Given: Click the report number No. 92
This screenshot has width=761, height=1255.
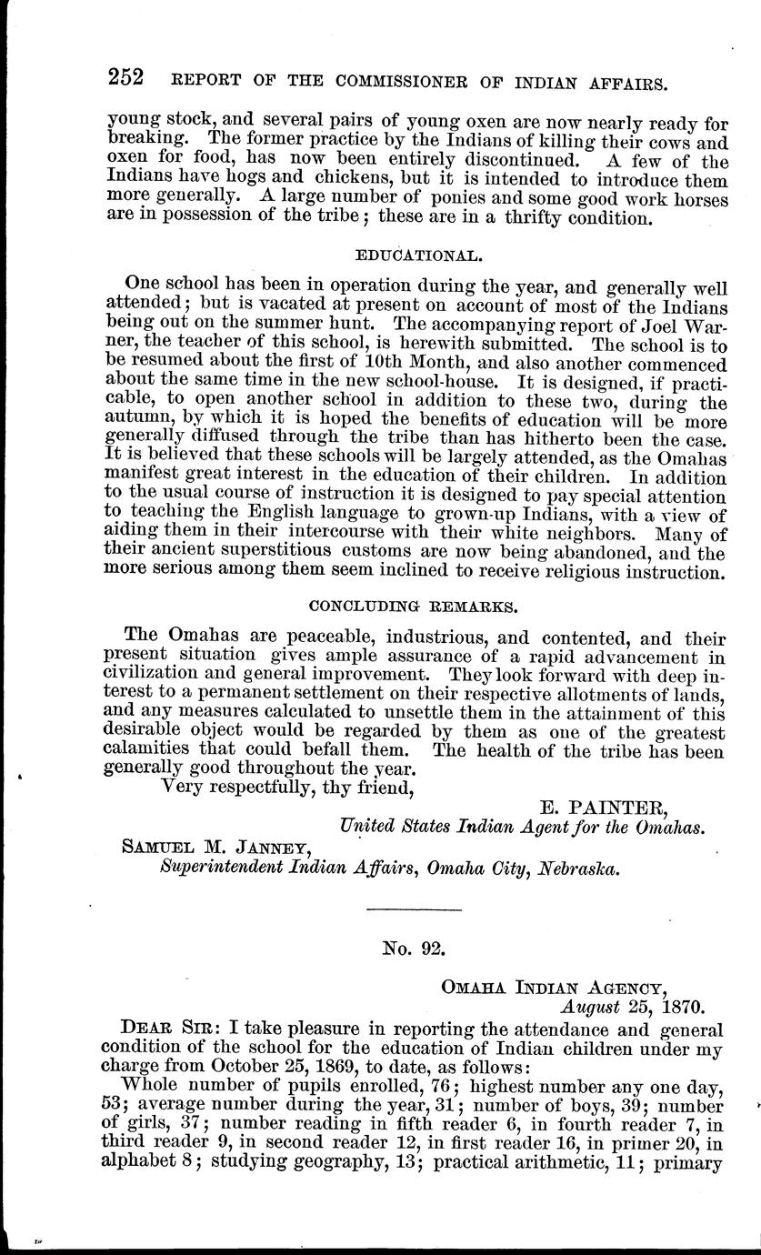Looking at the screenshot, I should [x=414, y=948].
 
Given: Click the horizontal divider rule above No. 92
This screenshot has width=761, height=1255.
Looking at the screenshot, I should [x=414, y=909].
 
